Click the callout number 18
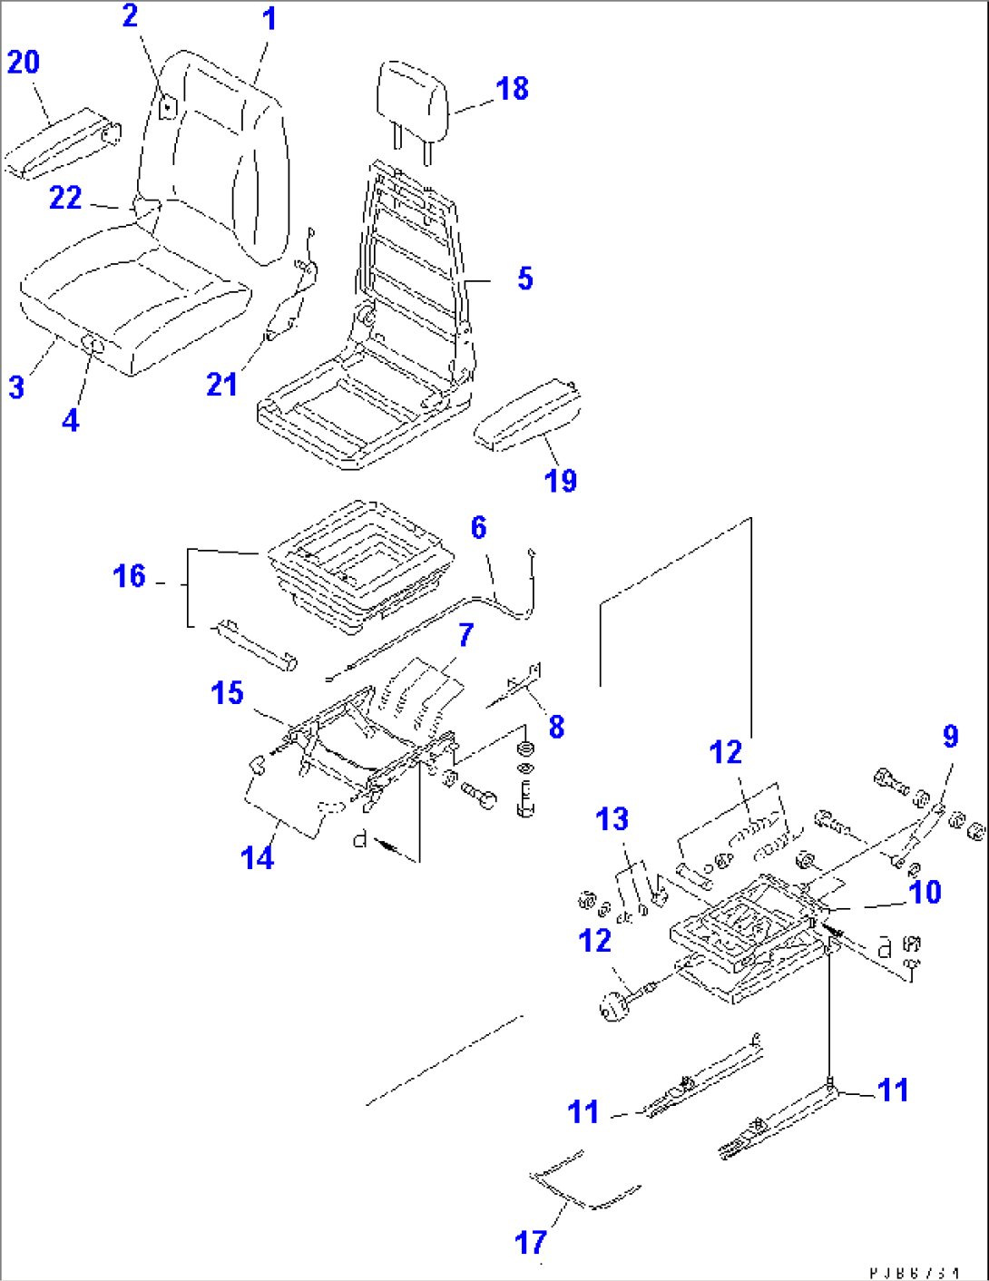tap(513, 89)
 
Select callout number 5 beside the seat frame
tap(525, 279)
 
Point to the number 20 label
tap(24, 63)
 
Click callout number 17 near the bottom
tap(531, 1242)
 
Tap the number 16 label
tap(129, 576)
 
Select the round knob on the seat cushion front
tap(93, 342)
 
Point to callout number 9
tap(950, 736)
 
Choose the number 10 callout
tap(925, 892)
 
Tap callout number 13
tap(612, 819)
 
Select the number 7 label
tap(465, 635)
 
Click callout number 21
tap(221, 385)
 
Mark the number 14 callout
tap(258, 856)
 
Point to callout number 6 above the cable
tap(478, 527)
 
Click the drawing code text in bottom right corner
tap(914, 1273)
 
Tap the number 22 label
tap(65, 198)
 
